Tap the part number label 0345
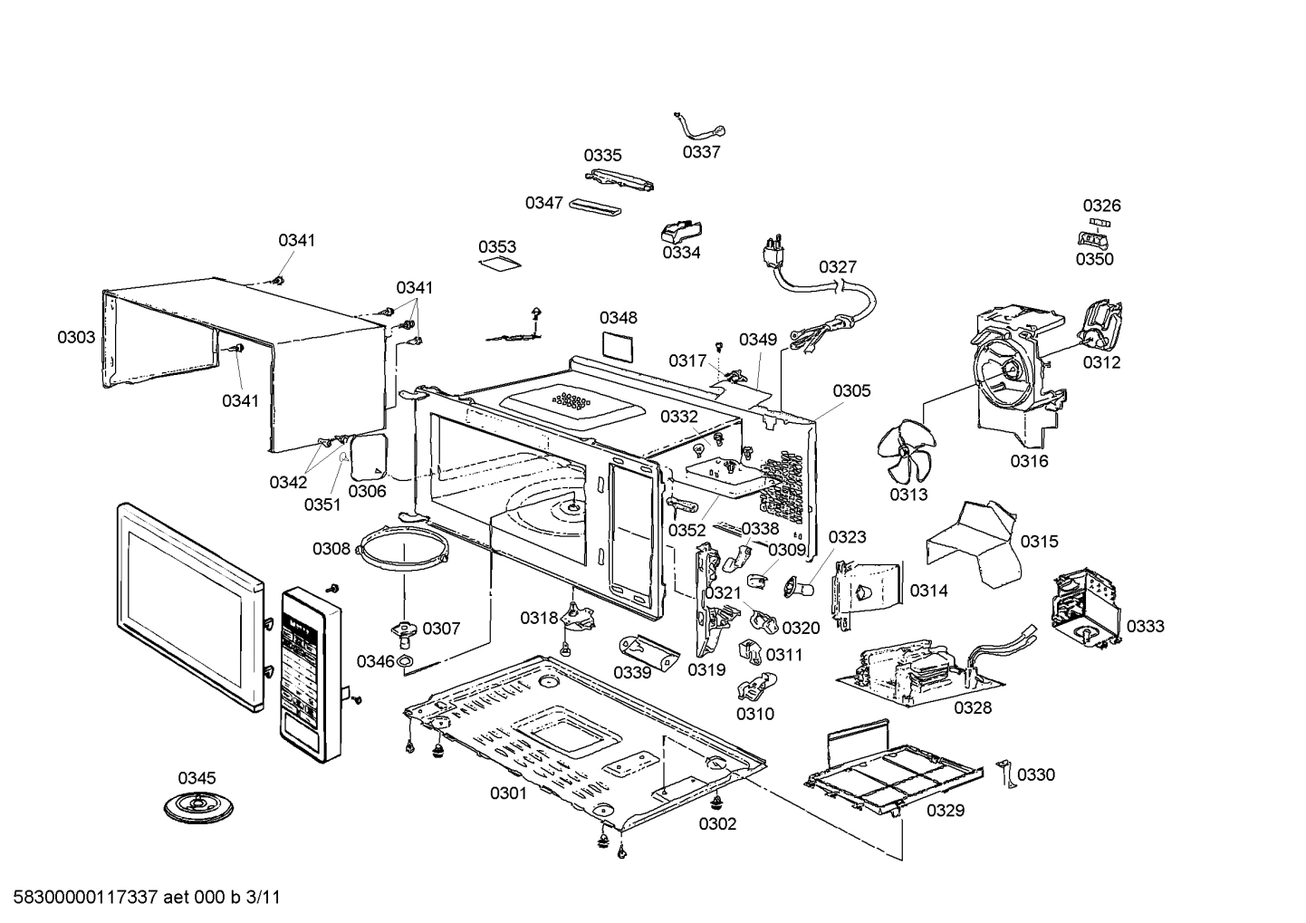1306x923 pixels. [197, 778]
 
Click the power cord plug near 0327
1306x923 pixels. [773, 250]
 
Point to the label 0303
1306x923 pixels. [76, 337]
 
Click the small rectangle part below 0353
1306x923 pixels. [500, 264]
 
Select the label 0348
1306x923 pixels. [618, 318]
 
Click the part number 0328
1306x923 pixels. [972, 708]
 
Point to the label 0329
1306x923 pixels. [945, 810]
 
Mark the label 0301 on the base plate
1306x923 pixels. [508, 793]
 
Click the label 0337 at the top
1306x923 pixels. [701, 152]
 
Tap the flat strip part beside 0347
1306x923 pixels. [595, 207]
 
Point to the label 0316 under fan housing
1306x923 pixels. [1029, 461]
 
